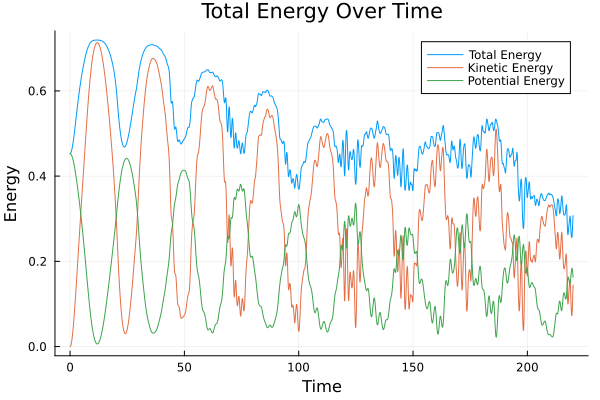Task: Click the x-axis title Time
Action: [322, 386]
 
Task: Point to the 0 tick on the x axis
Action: [70, 367]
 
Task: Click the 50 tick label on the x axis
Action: [184, 367]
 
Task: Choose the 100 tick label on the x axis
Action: [298, 367]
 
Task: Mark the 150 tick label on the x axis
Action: [413, 367]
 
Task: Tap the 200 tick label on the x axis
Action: [527, 367]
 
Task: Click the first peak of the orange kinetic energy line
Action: [97, 42]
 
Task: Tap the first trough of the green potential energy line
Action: [97, 344]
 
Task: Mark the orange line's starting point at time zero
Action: [70, 347]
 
